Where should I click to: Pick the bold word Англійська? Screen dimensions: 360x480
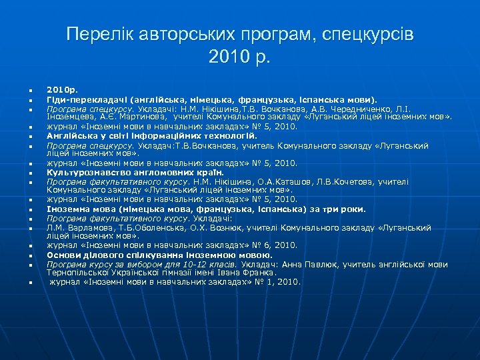coord(70,135)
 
